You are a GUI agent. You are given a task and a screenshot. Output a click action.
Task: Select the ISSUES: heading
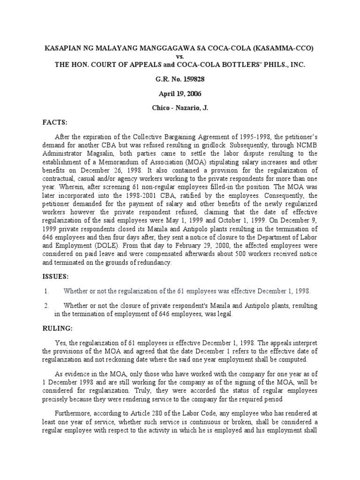[56, 277]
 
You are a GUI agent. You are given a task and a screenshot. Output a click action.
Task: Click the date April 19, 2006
[180, 94]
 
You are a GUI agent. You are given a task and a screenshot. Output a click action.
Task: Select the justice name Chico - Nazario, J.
[180, 108]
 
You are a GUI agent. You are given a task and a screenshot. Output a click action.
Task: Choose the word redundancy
[154, 263]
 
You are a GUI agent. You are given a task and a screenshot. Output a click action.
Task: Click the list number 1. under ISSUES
[46, 292]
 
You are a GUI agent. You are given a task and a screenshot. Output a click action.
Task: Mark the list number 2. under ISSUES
[46, 306]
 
